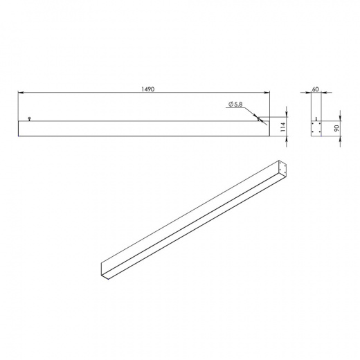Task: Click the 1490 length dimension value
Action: click(148, 89)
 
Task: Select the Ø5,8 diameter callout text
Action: click(235, 105)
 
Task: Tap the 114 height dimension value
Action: click(284, 127)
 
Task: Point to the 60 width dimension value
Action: click(315, 89)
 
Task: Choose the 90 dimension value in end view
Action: click(336, 128)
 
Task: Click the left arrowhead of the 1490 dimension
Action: click(21, 93)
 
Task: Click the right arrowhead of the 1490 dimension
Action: click(267, 93)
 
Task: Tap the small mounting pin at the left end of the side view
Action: click(29, 119)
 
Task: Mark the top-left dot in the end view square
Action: click(313, 124)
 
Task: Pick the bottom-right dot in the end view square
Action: click(320, 132)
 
